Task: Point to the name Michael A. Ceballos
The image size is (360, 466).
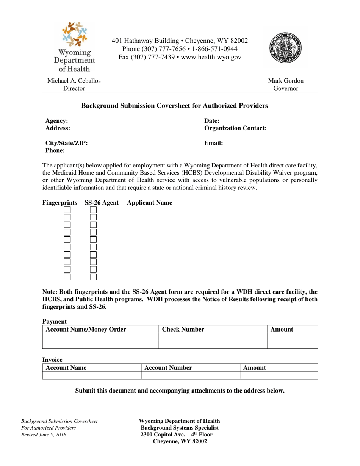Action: click(74, 81)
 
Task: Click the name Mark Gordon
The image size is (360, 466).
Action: click(286, 81)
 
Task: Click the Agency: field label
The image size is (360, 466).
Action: click(57, 121)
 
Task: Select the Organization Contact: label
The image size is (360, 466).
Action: click(235, 128)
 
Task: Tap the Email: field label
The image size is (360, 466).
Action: click(213, 143)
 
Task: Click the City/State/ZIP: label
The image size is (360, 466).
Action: click(67, 143)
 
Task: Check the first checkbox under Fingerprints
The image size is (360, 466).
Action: click(67, 210)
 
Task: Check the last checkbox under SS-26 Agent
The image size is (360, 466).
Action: click(93, 277)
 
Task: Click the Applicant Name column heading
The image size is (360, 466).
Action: click(150, 203)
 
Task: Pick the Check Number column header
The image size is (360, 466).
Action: click(183, 330)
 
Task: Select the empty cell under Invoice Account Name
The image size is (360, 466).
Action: click(92, 375)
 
